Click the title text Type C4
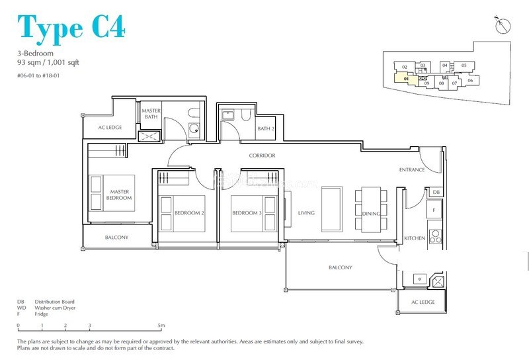pyautogui.click(x=71, y=27)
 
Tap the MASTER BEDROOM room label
pyautogui.click(x=120, y=195)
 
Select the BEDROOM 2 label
pyautogui.click(x=189, y=213)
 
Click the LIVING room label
pyautogui.click(x=306, y=213)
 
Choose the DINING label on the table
pyautogui.click(x=371, y=213)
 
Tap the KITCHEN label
pyautogui.click(x=415, y=238)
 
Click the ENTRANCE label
pyautogui.click(x=412, y=170)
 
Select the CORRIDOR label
pyautogui.click(x=262, y=156)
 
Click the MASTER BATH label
pyautogui.click(x=152, y=114)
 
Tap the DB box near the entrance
pyautogui.click(x=434, y=193)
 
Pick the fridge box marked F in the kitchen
pyautogui.click(x=434, y=210)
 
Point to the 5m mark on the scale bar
pyautogui.click(x=161, y=326)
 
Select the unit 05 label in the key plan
pyautogui.click(x=464, y=65)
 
